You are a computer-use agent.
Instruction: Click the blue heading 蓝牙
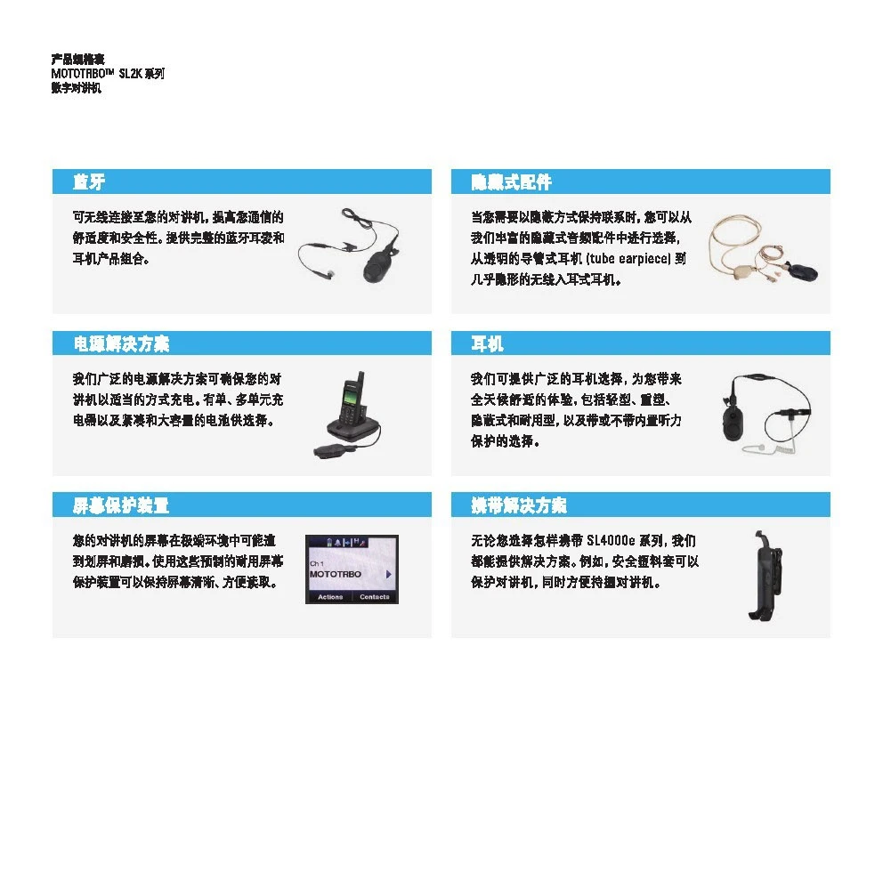coord(89,182)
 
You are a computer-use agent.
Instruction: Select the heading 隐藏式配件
coord(511,182)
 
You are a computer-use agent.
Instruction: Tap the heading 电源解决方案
coord(121,343)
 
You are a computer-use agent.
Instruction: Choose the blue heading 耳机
coord(487,343)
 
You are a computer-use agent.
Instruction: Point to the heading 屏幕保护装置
coord(121,505)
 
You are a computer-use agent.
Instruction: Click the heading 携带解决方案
coord(519,505)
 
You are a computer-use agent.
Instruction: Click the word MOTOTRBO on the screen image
coord(336,574)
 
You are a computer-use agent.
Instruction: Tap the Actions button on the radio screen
coord(330,597)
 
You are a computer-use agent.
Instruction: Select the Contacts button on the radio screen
coord(375,597)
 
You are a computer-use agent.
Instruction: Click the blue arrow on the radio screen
coord(389,574)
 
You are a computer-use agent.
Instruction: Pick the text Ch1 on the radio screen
coord(317,563)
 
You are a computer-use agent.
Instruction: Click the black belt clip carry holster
coord(765,576)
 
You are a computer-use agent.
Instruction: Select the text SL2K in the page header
coord(130,74)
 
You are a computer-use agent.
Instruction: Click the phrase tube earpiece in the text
coord(628,259)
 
